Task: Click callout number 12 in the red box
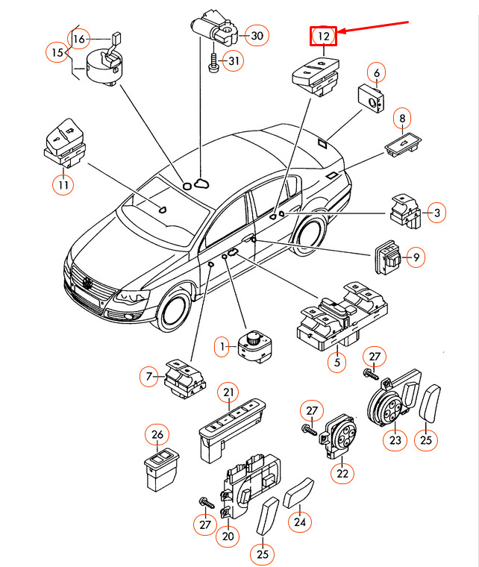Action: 324,36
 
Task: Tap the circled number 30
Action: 256,35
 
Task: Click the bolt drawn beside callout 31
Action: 213,61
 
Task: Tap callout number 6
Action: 377,73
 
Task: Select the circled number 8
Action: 402,118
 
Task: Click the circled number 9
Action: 417,257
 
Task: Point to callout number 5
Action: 336,363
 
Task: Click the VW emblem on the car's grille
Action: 87,284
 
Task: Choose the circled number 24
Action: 299,522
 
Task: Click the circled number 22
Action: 342,473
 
